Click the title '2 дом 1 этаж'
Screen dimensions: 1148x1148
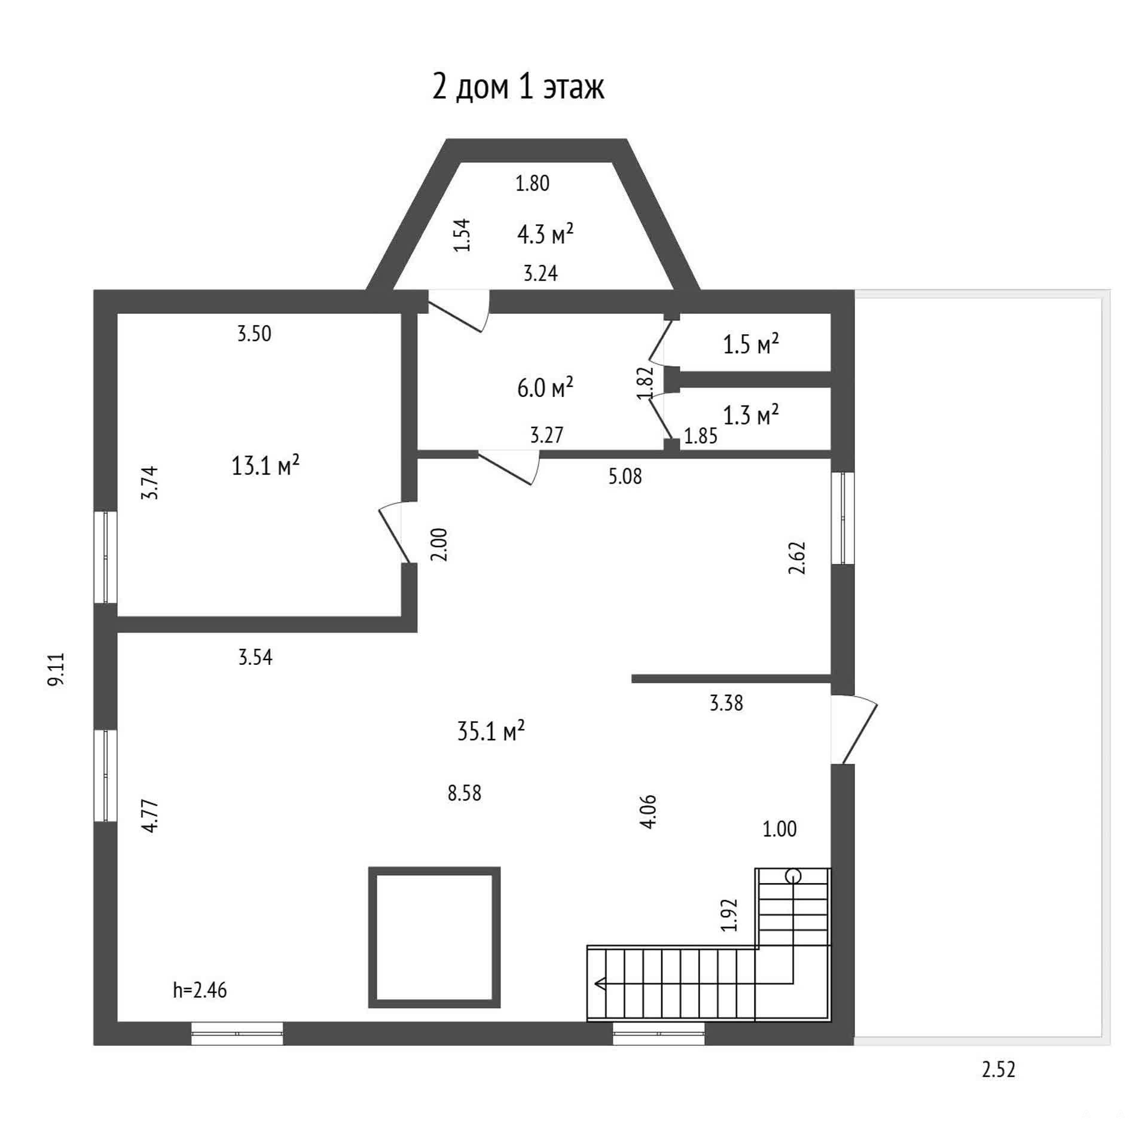coord(518,87)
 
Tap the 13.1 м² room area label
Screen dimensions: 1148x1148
coord(265,465)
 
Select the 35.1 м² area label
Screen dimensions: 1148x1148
coord(491,730)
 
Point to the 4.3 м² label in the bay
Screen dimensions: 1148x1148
coord(545,234)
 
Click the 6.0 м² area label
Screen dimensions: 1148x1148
coord(545,387)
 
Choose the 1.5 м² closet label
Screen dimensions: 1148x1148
coord(751,344)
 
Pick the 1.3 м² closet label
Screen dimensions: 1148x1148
coord(751,414)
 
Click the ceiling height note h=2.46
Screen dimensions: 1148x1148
coord(200,990)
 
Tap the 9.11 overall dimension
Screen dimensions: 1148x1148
coord(57,669)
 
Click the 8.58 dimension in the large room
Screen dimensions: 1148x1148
coord(465,793)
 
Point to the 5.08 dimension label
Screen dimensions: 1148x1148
coord(625,476)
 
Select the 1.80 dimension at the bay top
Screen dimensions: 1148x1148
coord(532,183)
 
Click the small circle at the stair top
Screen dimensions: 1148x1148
coord(793,876)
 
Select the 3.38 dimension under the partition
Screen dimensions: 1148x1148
coord(726,703)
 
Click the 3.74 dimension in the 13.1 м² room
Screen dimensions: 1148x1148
coord(149,483)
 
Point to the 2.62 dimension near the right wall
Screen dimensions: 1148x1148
coord(798,558)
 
